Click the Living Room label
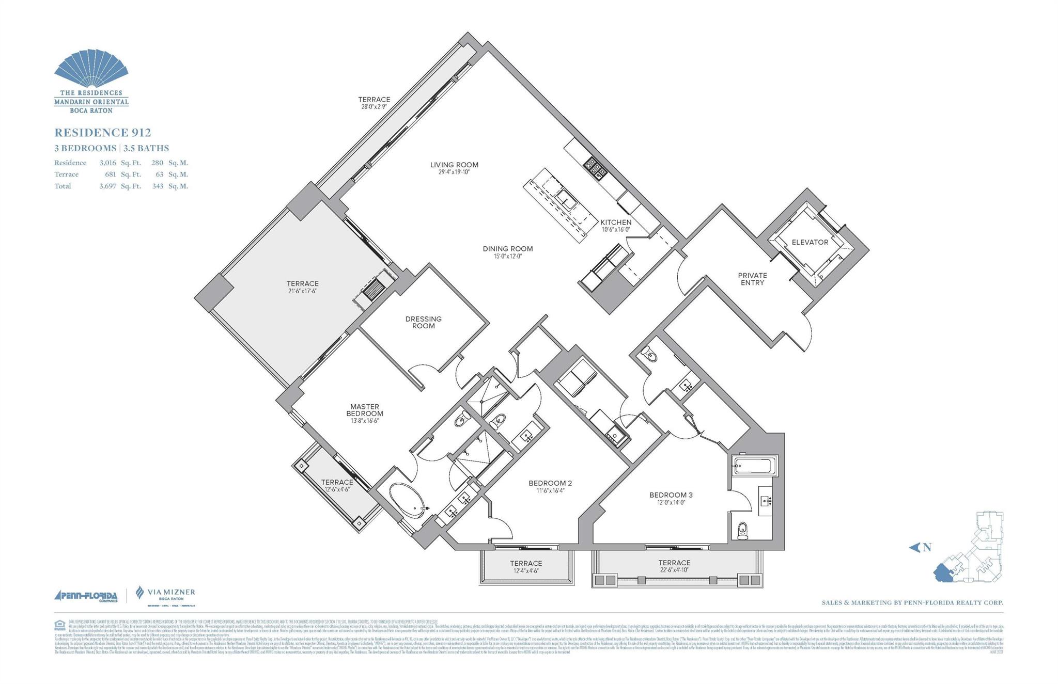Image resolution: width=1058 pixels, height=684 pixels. pyautogui.click(x=454, y=165)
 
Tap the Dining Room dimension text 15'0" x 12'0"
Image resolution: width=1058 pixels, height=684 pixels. pyautogui.click(x=507, y=256)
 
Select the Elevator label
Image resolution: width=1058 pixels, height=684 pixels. pyautogui.click(x=810, y=242)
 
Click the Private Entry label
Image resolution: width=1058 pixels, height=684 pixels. pyautogui.click(x=752, y=279)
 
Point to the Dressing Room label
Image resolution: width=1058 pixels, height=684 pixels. pyautogui.click(x=423, y=322)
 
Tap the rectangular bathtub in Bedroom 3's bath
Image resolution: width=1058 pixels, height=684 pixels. pyautogui.click(x=754, y=467)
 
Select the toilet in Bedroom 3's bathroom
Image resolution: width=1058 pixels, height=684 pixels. pyautogui.click(x=742, y=530)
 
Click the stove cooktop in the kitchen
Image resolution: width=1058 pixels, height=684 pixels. pyautogui.click(x=595, y=168)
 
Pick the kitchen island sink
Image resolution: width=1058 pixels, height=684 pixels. pyautogui.click(x=565, y=199)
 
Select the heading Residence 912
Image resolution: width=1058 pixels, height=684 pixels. pyautogui.click(x=102, y=133)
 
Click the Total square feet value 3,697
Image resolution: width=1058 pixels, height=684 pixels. pyautogui.click(x=107, y=186)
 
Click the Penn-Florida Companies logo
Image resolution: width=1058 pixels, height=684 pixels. pyautogui.click(x=86, y=596)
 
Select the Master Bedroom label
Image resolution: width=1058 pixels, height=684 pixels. pyautogui.click(x=365, y=410)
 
